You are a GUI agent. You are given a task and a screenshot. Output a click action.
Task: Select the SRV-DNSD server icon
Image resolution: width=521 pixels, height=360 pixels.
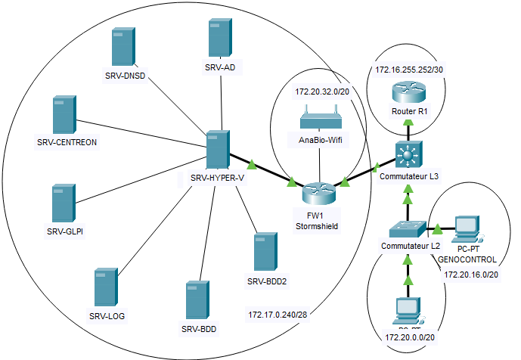(x=122, y=48)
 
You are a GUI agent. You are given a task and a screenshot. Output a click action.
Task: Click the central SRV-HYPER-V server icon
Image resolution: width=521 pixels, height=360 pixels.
(x=218, y=150)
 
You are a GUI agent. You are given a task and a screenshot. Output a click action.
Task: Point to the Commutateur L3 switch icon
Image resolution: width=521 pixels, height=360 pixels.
(x=409, y=155)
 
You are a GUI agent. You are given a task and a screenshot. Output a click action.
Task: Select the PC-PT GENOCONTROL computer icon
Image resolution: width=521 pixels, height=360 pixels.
(x=467, y=228)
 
